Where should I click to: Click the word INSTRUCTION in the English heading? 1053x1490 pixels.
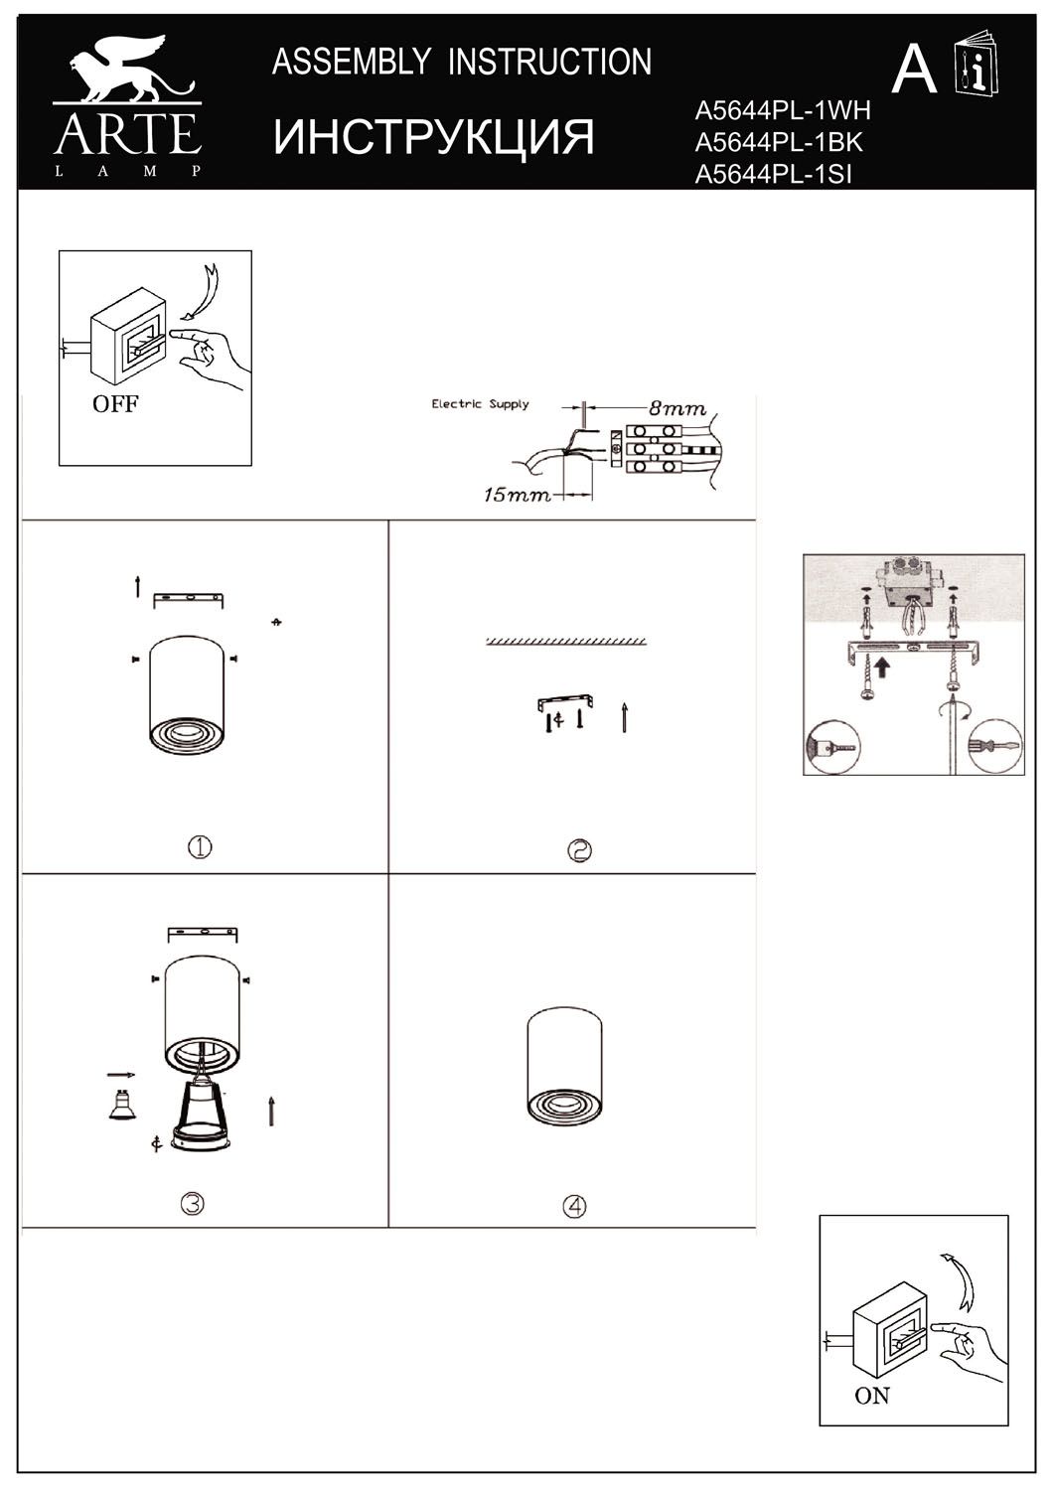pos(549,62)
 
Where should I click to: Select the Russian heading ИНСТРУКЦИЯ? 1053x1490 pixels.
pos(433,138)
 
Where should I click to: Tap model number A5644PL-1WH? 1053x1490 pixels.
pos(782,110)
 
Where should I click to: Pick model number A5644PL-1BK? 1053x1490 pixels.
pos(778,142)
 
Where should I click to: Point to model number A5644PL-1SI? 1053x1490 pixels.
pos(773,174)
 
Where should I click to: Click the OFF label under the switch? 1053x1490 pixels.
pos(115,403)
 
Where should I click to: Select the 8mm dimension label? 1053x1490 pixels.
pos(677,408)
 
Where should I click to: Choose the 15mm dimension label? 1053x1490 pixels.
pos(517,495)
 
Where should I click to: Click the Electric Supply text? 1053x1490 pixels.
pos(480,403)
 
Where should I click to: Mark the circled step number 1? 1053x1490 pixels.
pos(200,847)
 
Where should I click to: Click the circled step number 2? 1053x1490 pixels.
pos(579,850)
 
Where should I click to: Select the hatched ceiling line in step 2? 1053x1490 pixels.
pos(566,642)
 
